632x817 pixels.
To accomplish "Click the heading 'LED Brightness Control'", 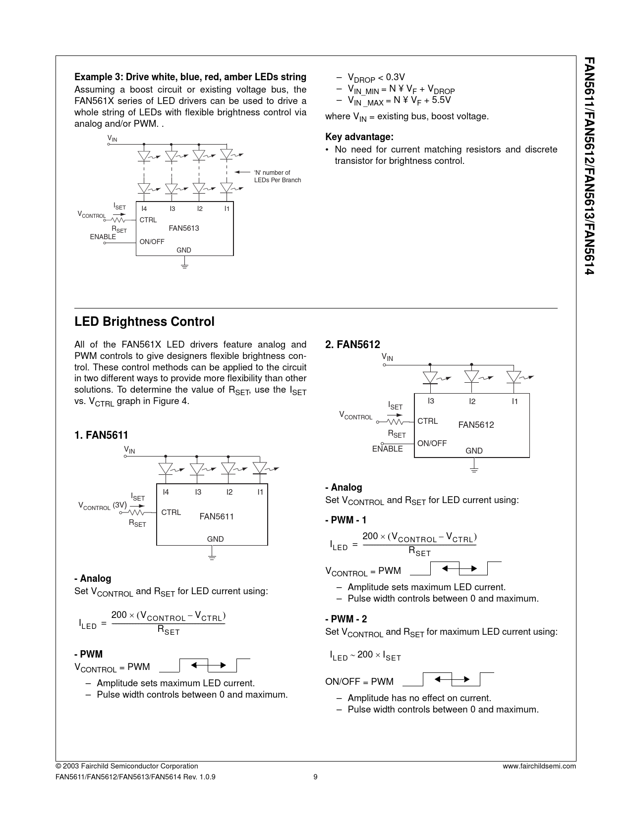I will point(144,322).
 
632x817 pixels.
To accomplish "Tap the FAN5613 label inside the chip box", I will point(183,228).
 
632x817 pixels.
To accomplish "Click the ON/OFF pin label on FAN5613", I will point(152,242).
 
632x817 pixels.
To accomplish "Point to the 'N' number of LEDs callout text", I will point(277,176).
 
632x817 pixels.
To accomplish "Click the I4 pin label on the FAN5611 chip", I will point(166,492).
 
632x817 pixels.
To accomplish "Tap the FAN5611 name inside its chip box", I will point(217,516).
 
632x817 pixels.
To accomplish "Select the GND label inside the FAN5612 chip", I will point(474,451).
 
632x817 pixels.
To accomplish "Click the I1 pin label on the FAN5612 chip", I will point(515,402).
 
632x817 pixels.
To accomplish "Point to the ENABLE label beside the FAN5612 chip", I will point(387,449).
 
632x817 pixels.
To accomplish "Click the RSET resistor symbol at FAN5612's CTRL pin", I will point(396,422).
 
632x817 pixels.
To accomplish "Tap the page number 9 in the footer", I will point(315,777).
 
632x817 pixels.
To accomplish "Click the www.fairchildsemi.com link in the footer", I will point(539,766).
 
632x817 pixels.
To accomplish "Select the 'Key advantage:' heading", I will point(359,137).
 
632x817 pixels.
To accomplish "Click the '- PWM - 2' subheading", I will point(346,619).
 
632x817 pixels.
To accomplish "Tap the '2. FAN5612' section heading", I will point(352,345).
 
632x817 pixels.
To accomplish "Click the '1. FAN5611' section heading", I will point(101,435).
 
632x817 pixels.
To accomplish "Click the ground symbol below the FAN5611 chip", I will point(212,557).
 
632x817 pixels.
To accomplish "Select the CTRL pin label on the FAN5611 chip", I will point(171,512).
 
